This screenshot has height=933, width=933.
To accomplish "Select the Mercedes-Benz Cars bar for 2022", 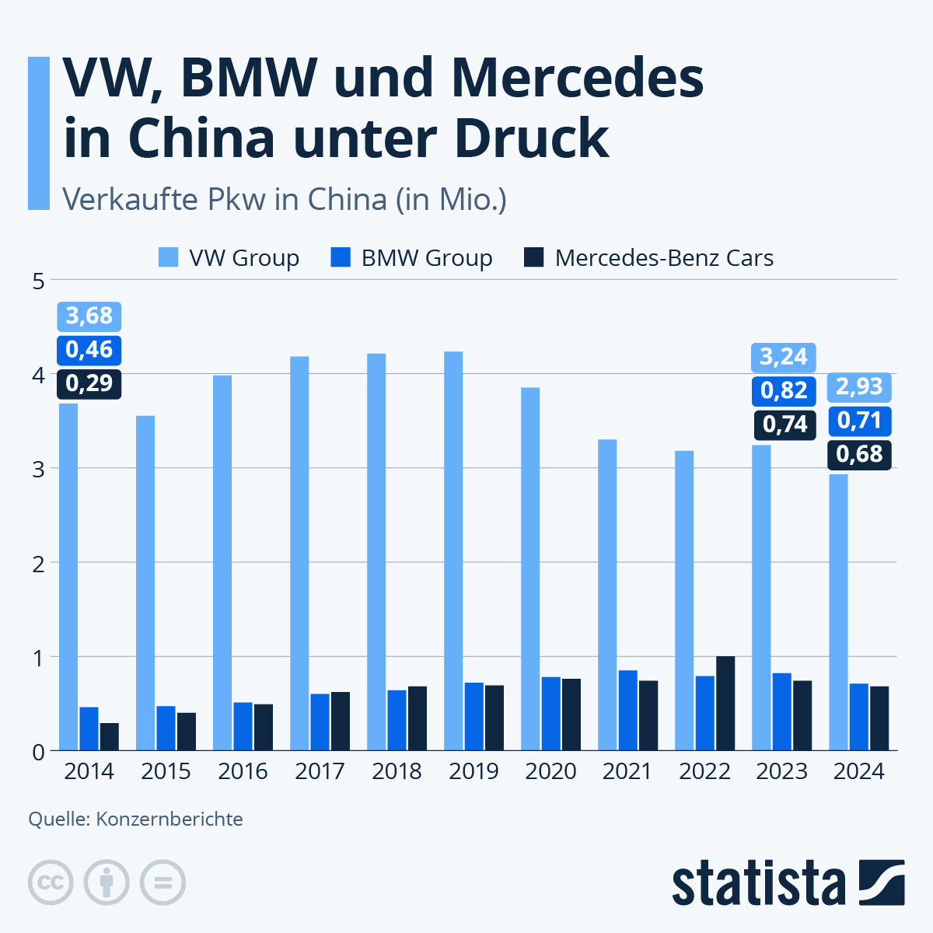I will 725,703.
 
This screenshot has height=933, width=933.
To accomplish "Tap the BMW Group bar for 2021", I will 627,710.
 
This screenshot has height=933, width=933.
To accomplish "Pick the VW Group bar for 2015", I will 145,583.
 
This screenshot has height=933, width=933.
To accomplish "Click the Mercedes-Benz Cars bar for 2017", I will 340,721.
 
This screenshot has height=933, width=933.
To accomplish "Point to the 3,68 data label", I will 89,316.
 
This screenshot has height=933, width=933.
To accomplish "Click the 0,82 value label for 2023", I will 784,390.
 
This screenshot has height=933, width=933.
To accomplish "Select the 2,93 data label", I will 859,386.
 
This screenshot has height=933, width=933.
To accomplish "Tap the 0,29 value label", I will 89,383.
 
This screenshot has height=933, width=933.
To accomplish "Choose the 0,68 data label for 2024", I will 859,454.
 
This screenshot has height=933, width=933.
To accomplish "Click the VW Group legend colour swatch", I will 168,257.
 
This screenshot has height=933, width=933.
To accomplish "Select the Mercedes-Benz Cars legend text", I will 664,258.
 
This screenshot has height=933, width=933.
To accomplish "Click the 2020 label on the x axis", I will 550,771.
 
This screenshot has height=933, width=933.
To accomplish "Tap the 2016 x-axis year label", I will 243,771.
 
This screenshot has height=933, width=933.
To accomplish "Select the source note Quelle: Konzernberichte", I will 135,819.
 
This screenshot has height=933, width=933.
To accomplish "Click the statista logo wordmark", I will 758,883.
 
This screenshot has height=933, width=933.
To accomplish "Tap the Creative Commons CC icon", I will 51,883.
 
